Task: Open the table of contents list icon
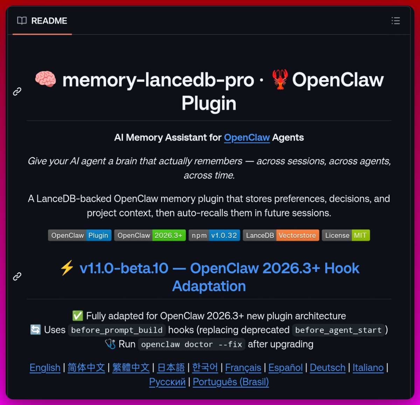pos(395,21)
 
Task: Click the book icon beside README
pos(22,21)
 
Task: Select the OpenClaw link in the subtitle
pos(247,137)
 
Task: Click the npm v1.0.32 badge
pos(214,235)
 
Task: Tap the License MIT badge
pos(345,235)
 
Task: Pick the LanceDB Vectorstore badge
pos(281,235)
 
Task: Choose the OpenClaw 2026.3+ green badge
pos(150,235)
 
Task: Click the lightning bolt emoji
pos(67,268)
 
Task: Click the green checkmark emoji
pos(77,316)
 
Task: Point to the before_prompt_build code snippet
pos(117,330)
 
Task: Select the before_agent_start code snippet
pos(338,330)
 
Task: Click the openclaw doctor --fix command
pos(191,344)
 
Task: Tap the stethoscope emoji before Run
pos(110,344)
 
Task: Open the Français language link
pos(243,368)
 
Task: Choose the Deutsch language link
pos(327,368)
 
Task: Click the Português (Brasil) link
pos(231,382)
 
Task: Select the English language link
pos(45,368)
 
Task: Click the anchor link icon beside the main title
pos(17,91)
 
